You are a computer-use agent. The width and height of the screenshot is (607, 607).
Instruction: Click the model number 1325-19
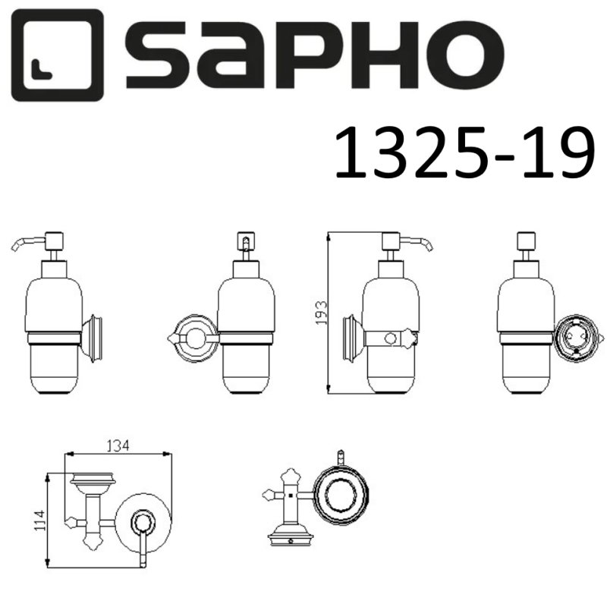461,153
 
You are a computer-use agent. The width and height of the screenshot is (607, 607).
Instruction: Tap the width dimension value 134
118,446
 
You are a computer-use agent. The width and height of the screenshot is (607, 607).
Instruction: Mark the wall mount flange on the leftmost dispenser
93,338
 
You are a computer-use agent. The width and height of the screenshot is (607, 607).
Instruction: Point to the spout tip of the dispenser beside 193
429,247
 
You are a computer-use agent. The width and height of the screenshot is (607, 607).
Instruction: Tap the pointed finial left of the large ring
267,497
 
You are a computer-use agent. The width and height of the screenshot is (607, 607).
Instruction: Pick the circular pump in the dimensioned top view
142,522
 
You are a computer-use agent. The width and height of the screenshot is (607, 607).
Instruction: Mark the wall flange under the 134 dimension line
91,480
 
